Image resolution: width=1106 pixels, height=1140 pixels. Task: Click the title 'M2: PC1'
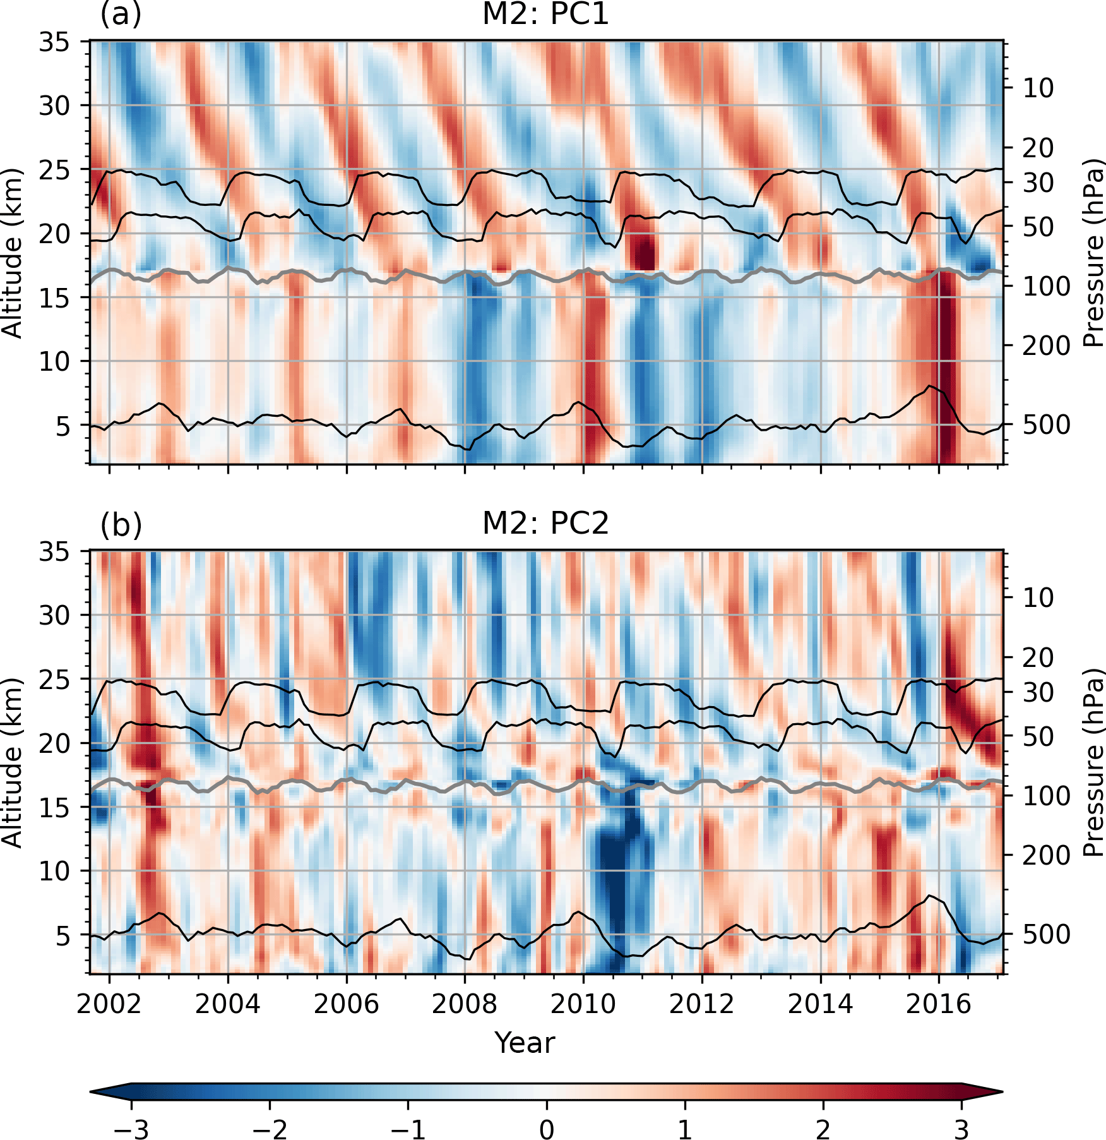pos(545,15)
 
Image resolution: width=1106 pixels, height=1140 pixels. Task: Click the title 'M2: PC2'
pos(545,524)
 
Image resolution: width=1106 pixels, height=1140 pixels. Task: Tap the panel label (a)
pos(121,15)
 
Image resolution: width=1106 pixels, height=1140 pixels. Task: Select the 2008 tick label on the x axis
pos(465,1004)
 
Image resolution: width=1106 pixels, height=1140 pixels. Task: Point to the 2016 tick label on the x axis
pos(939,1004)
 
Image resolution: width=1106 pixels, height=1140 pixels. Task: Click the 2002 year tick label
pos(109,1004)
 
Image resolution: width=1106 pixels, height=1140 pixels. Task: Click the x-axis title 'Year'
pos(525,1043)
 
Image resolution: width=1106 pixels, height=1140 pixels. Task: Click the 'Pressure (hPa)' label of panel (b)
pos(1093,763)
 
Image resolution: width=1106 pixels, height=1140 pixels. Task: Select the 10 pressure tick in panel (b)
pos(1038,597)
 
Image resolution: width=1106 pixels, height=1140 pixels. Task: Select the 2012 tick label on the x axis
pos(702,1004)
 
